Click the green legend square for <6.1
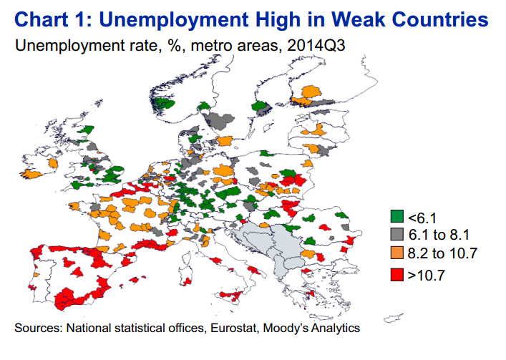[397, 216]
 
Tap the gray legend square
[397, 234]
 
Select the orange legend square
[397, 253]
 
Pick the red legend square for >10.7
[397, 275]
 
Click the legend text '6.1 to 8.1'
[439, 235]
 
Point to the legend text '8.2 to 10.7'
[442, 253]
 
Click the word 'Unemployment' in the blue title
[174, 20]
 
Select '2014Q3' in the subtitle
[316, 45]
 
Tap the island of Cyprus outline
[393, 318]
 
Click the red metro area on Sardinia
[187, 282]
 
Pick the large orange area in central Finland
[311, 92]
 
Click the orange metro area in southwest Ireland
[31, 174]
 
